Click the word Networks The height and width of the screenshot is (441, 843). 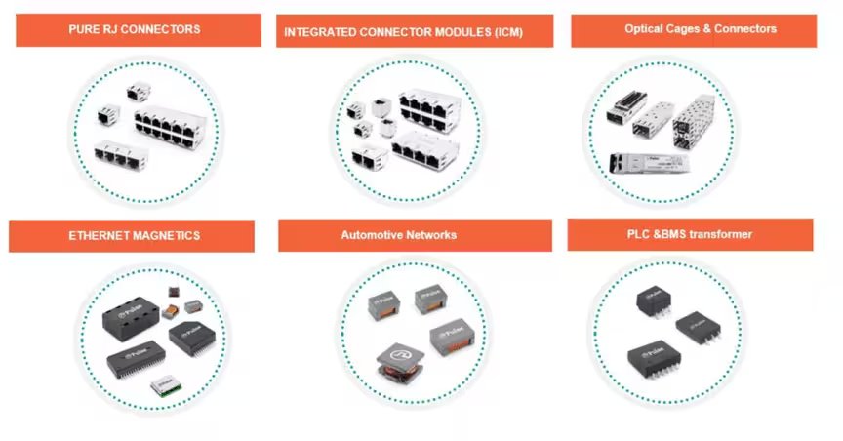[433, 235]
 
